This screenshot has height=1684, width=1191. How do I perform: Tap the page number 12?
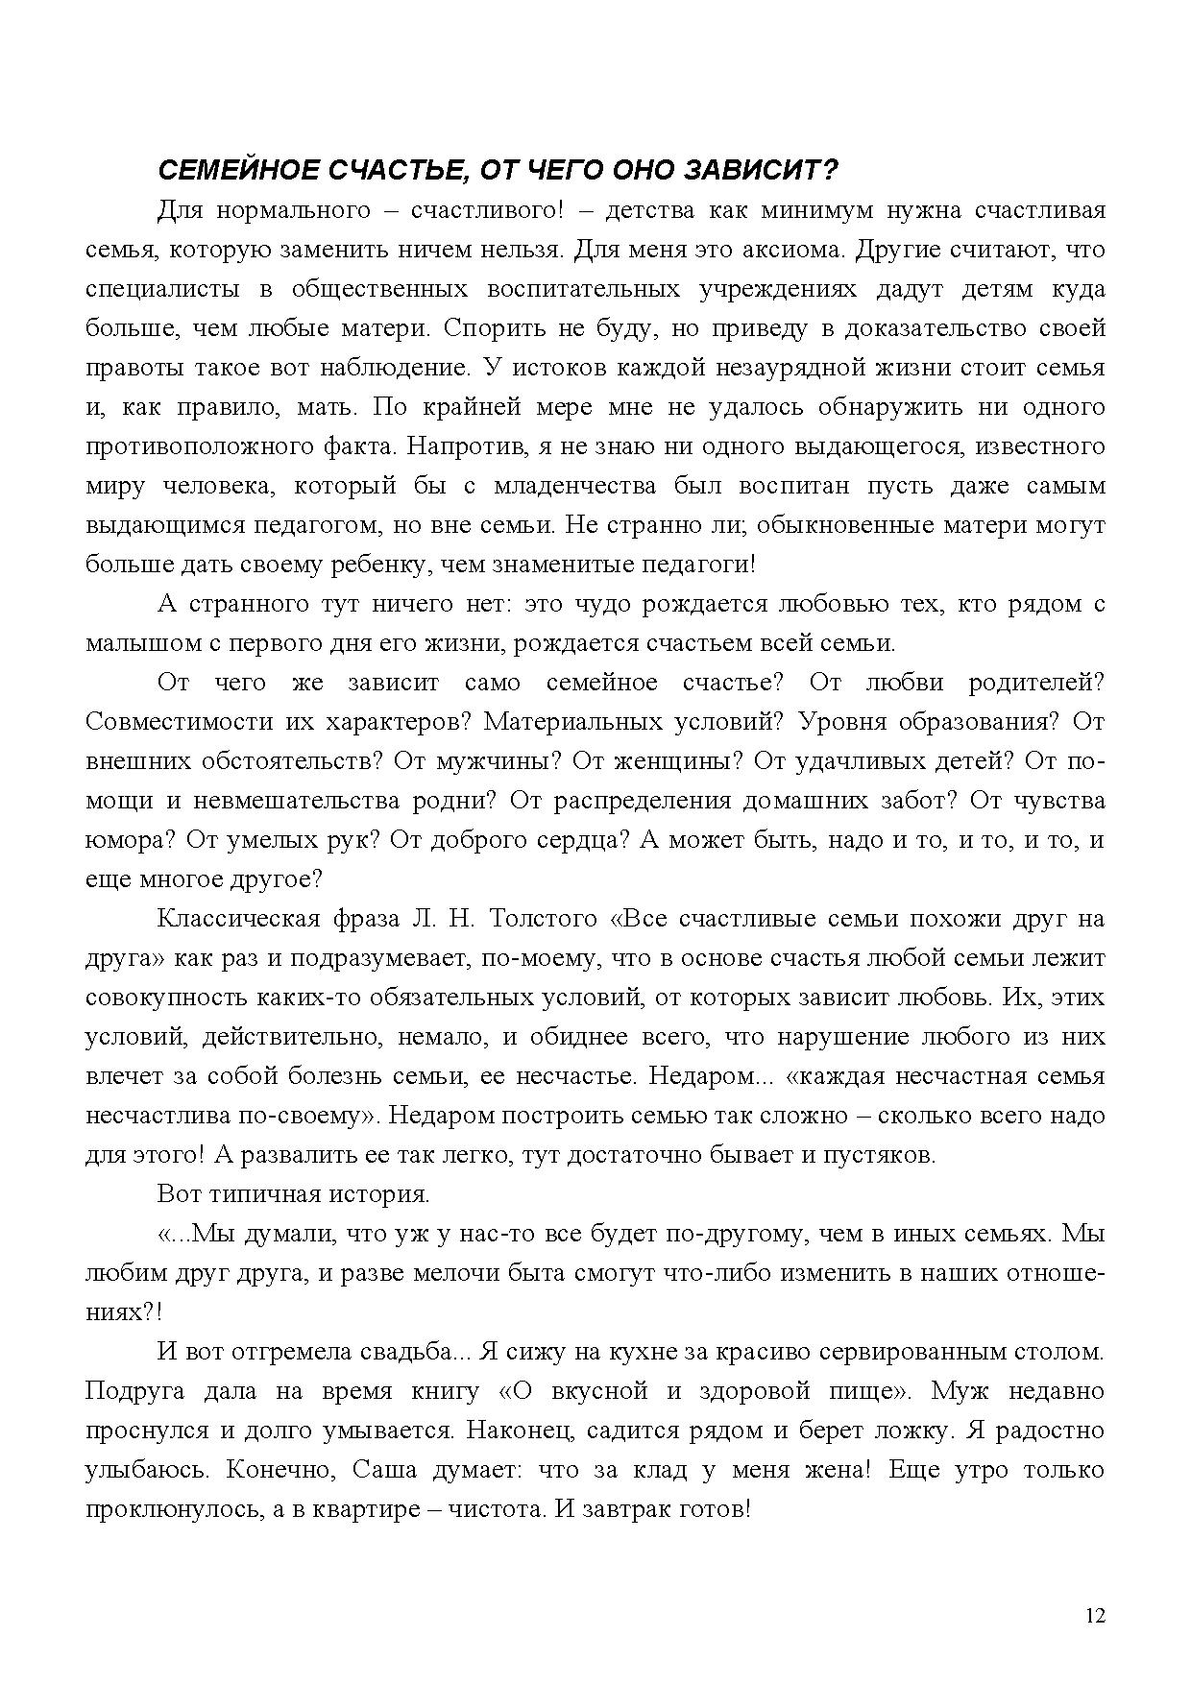[1095, 1615]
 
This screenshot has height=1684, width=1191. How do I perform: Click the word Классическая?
[237, 919]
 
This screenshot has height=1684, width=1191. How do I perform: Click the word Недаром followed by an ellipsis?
[698, 1076]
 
